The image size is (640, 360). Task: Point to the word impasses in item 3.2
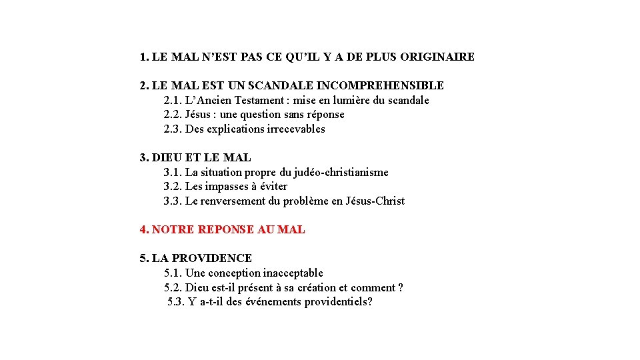click(227, 187)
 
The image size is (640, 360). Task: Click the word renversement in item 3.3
click(231, 201)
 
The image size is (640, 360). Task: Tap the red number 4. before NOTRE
click(145, 230)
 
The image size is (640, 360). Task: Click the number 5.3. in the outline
click(177, 302)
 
